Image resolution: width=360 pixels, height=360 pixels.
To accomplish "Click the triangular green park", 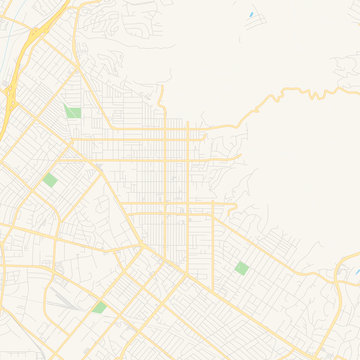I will (x=71, y=113).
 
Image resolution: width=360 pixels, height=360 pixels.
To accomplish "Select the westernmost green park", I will (x=50, y=180).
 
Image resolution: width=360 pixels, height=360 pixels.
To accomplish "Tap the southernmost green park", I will (x=99, y=307).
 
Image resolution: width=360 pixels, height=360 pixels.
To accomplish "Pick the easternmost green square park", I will (x=241, y=267).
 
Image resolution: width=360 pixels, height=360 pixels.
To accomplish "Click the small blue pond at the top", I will (x=250, y=15).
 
